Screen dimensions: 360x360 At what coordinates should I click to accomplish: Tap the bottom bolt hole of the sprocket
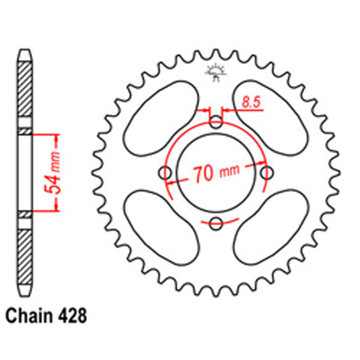[216, 224]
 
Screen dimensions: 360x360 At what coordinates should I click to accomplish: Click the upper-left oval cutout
[161, 118]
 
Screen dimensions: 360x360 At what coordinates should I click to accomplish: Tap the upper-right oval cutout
[271, 118]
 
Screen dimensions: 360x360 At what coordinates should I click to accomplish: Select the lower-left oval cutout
[161, 228]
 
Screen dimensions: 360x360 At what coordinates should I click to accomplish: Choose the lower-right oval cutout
[271, 228]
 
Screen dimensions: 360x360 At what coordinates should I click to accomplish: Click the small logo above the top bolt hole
[215, 72]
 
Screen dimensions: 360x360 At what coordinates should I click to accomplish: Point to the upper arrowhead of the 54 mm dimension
[56, 138]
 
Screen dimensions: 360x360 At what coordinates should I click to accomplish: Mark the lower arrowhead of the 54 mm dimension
[56, 207]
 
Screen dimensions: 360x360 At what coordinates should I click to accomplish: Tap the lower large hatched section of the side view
[25, 256]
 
